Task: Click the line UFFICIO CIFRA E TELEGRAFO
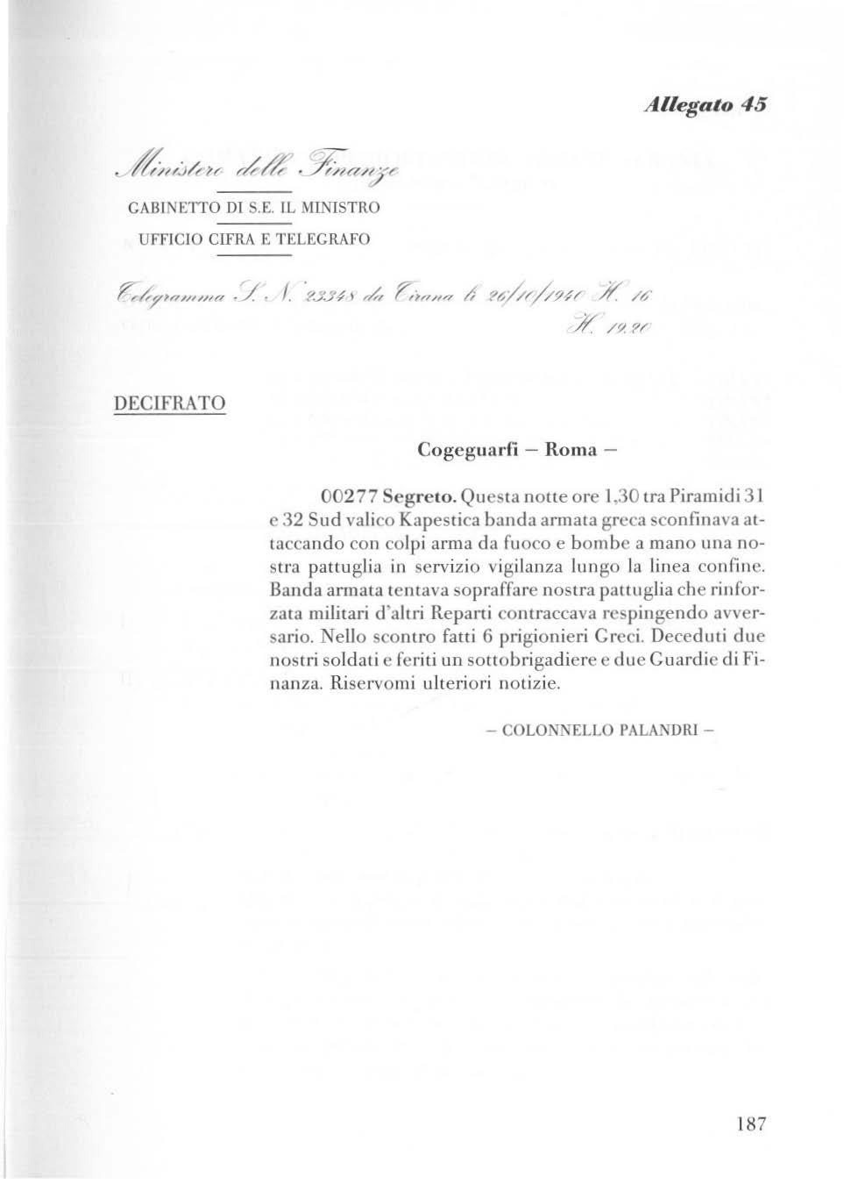click(x=253, y=238)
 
